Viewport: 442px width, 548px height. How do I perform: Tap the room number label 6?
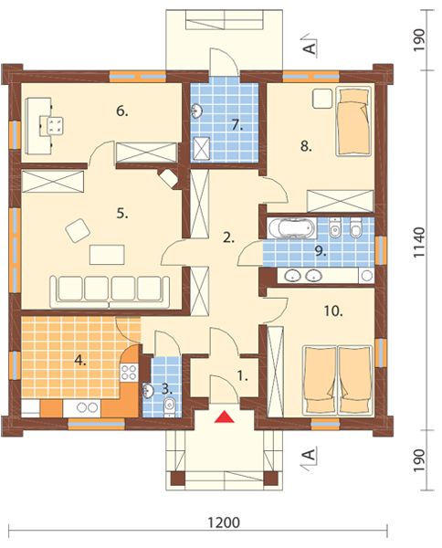coord(122,111)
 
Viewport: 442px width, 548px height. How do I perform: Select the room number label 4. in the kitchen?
coord(80,360)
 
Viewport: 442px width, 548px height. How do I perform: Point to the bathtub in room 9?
coord(291,228)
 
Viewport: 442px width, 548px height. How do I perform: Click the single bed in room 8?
coord(353,121)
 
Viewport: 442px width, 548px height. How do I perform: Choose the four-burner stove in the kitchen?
coord(129,372)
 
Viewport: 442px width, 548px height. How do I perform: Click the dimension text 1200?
coord(224,522)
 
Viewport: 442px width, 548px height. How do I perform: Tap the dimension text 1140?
coord(419,243)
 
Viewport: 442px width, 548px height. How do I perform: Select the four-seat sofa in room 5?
coord(110,292)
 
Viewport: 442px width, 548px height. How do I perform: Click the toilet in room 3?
coord(169,406)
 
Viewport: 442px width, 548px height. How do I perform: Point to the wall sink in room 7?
coord(196,111)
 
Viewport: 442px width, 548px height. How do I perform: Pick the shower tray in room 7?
coord(201,148)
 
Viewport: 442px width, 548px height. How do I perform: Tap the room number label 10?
coord(333,311)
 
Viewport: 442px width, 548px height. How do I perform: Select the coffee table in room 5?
coord(107,255)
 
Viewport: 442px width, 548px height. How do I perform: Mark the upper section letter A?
coord(310,47)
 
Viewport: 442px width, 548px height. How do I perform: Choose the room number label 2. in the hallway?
coord(228,238)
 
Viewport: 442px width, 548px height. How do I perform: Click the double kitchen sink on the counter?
coord(87,407)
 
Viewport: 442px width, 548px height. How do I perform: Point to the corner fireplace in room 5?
coord(169,178)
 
